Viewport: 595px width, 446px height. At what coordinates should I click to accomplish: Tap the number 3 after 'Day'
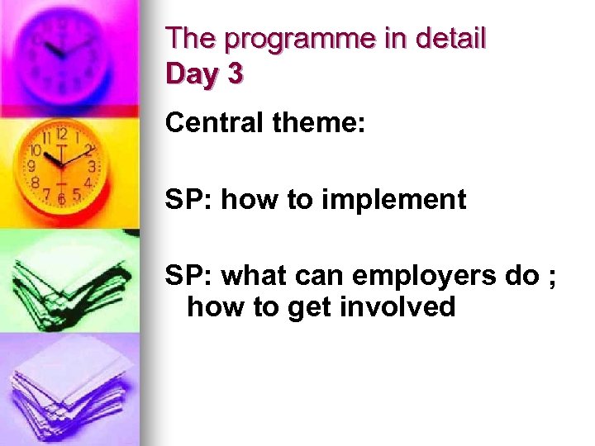[x=235, y=74]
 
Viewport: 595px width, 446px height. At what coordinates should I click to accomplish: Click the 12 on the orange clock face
[x=61, y=133]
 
